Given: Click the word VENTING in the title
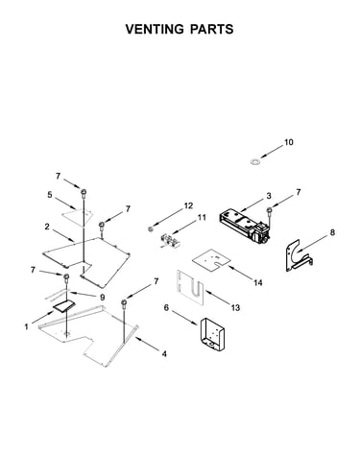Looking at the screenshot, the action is click(x=155, y=29).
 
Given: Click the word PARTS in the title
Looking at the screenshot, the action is click(x=212, y=29).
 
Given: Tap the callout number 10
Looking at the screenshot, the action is click(x=289, y=142).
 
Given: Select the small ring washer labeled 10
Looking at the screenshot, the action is click(x=255, y=161).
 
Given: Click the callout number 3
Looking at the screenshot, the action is click(x=269, y=196).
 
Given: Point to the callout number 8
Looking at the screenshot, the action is click(x=332, y=232).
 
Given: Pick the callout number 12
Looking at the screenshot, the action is click(x=188, y=205).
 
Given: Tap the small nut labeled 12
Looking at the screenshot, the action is click(x=150, y=228).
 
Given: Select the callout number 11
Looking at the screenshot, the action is click(x=202, y=218).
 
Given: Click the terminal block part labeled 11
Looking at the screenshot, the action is click(x=170, y=241).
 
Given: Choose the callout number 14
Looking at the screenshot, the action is click(x=258, y=283).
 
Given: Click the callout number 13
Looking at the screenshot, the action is click(x=235, y=308).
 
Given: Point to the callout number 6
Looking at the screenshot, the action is click(x=166, y=307).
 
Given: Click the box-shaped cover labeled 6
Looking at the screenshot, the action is click(x=212, y=334).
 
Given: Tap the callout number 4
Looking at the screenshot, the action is click(x=164, y=354).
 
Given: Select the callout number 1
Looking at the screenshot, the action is click(x=26, y=327).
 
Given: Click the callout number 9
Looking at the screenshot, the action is click(x=102, y=298).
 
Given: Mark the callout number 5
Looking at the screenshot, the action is click(x=50, y=195).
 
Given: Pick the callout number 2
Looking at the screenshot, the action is click(x=47, y=227).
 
